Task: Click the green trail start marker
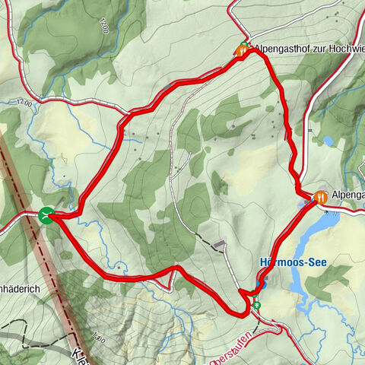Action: (46, 216)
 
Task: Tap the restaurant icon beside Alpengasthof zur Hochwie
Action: (241, 52)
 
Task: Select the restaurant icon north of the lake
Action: (320, 196)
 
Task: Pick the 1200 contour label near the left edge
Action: (22, 102)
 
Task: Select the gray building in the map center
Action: (220, 245)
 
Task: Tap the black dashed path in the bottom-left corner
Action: (23, 335)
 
